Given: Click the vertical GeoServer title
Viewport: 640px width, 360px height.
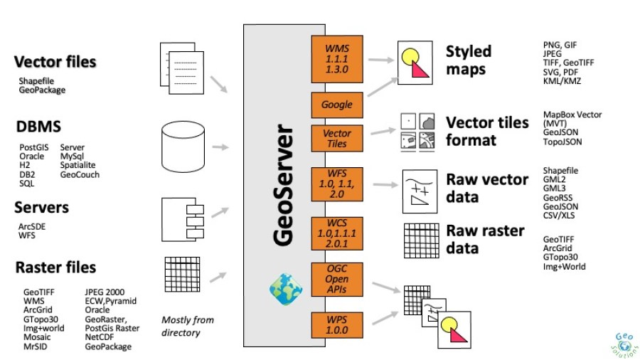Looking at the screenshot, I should [x=283, y=186].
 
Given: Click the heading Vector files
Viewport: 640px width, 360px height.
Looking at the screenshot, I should [x=55, y=62].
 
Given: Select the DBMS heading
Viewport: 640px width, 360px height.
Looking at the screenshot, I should [x=38, y=127].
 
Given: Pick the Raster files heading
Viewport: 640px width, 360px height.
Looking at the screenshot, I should [x=55, y=268].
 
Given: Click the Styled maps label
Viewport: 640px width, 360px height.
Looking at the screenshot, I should [x=468, y=60].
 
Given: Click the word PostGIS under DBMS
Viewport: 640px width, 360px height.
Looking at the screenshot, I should [x=32, y=147].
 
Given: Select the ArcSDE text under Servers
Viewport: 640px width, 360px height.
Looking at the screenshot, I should [x=33, y=226].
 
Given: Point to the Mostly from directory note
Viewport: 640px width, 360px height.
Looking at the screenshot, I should [x=187, y=326].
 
